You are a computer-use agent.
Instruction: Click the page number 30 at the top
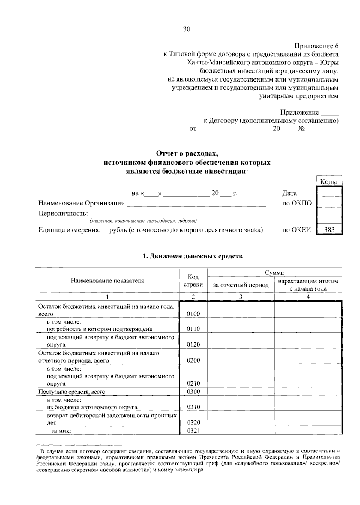pos(187,29)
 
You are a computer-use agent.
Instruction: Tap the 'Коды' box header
pos(329,181)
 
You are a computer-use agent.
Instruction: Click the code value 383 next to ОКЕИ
pos(329,230)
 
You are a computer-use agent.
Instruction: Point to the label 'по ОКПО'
pos(297,203)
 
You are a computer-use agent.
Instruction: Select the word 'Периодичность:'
pos(63,214)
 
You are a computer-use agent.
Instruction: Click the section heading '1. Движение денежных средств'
pos(192,256)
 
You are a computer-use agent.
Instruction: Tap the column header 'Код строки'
pos(193,281)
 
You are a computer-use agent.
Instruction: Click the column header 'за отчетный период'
pos(241,285)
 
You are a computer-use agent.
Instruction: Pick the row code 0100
pos(193,314)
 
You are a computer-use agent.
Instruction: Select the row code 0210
pos(193,384)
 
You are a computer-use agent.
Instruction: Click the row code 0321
pos(193,431)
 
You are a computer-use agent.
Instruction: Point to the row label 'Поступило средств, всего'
pos(72,392)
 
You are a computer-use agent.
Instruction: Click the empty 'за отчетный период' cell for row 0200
pos(241,357)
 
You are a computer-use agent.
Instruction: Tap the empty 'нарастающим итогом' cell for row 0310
pos(308,403)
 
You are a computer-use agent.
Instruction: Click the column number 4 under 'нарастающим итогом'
pos(308,297)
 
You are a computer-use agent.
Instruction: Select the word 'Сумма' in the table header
pos(274,273)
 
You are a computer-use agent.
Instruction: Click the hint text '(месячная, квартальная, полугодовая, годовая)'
pos(143,221)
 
